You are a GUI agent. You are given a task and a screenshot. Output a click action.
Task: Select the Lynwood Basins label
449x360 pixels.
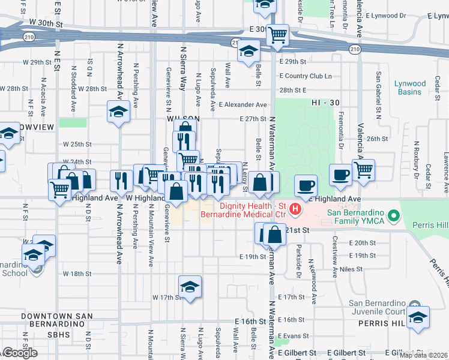click(410, 88)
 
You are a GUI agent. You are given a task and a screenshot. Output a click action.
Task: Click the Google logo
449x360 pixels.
click(19, 353)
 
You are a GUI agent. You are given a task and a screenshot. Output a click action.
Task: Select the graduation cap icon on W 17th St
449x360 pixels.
click(190, 286)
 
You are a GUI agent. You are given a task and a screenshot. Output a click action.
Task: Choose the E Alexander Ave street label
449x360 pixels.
click(243, 104)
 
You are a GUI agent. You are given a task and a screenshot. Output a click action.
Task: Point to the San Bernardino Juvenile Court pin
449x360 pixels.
click(413, 305)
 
